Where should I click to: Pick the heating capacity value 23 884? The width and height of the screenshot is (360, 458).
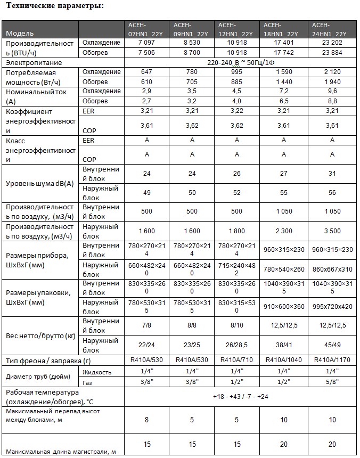(332, 52)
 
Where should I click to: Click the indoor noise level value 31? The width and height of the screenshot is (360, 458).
(332, 174)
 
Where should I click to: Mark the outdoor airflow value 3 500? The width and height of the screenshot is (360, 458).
(332, 231)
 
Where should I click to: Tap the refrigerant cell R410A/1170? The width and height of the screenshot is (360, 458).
(332, 361)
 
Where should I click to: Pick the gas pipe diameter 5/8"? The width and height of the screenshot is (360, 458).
(332, 382)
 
